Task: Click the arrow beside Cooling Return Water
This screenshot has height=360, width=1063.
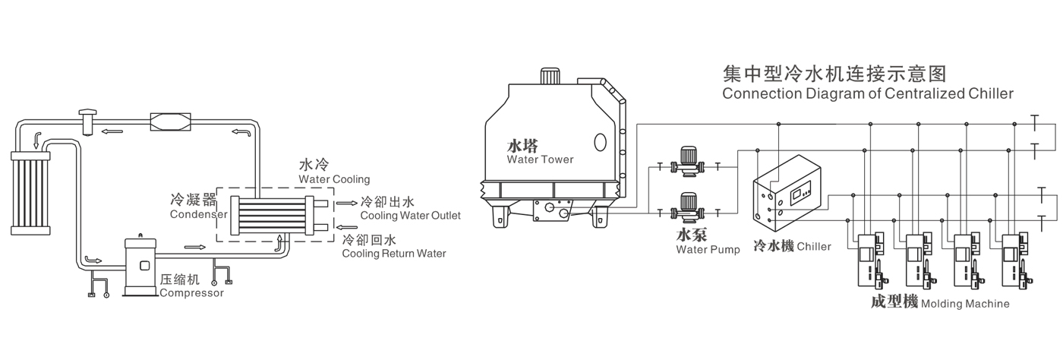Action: (x=345, y=226)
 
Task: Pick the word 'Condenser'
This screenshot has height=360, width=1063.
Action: (x=200, y=215)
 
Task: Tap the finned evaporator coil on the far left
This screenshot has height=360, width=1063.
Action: (x=30, y=191)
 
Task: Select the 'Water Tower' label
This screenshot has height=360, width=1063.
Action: (x=540, y=159)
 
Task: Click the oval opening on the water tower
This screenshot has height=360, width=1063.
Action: (x=601, y=142)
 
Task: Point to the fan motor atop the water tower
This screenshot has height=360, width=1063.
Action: (x=550, y=77)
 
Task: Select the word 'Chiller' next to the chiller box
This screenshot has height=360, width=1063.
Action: (x=814, y=247)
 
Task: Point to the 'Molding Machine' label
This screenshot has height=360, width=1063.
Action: (x=964, y=304)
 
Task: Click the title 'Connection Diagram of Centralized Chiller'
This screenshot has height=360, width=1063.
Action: (x=868, y=94)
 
